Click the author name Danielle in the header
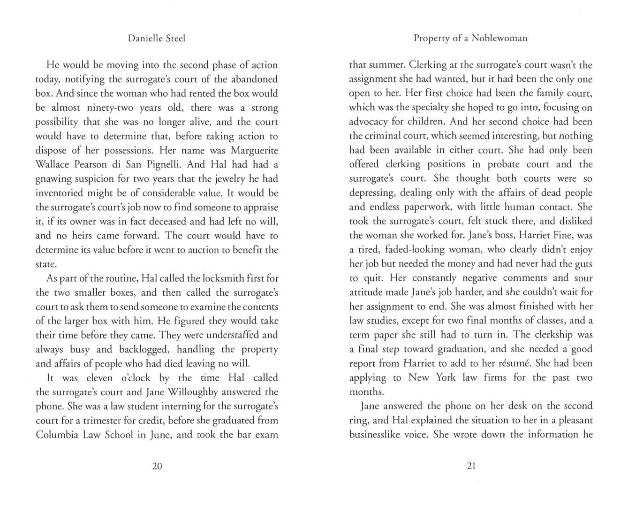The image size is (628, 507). tap(144, 38)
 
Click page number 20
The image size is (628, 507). tap(157, 466)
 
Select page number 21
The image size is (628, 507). tap(472, 466)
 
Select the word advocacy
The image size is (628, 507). tap(369, 122)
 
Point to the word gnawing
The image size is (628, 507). tap(54, 179)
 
